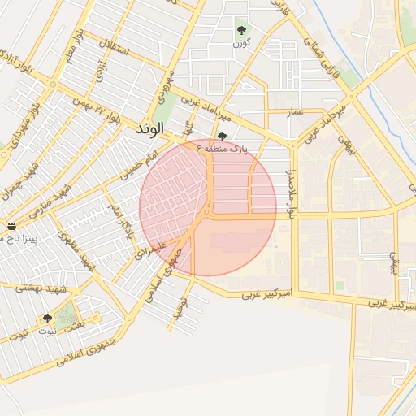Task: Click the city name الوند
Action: [x=150, y=128]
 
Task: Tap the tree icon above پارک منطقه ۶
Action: [x=223, y=137]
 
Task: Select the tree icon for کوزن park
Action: [x=241, y=30]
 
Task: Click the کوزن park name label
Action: [x=241, y=42]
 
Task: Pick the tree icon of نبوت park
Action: [x=46, y=319]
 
